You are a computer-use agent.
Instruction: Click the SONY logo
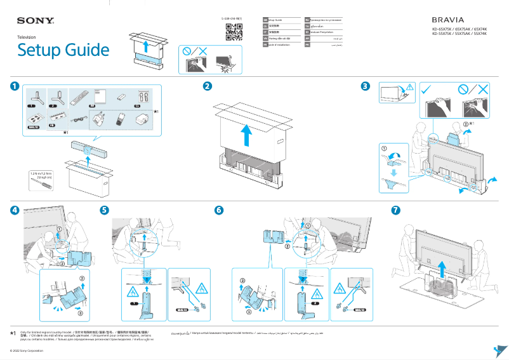coord(35,20)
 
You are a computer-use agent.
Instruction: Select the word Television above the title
coord(27,37)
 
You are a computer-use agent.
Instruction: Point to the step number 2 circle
coord(207,87)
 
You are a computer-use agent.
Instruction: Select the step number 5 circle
coord(105,210)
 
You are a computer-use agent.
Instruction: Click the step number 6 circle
coord(219,210)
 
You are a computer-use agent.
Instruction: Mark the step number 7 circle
coord(396,210)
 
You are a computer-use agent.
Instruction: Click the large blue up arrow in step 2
coord(247,135)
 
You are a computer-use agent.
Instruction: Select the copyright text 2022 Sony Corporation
coord(32,350)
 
